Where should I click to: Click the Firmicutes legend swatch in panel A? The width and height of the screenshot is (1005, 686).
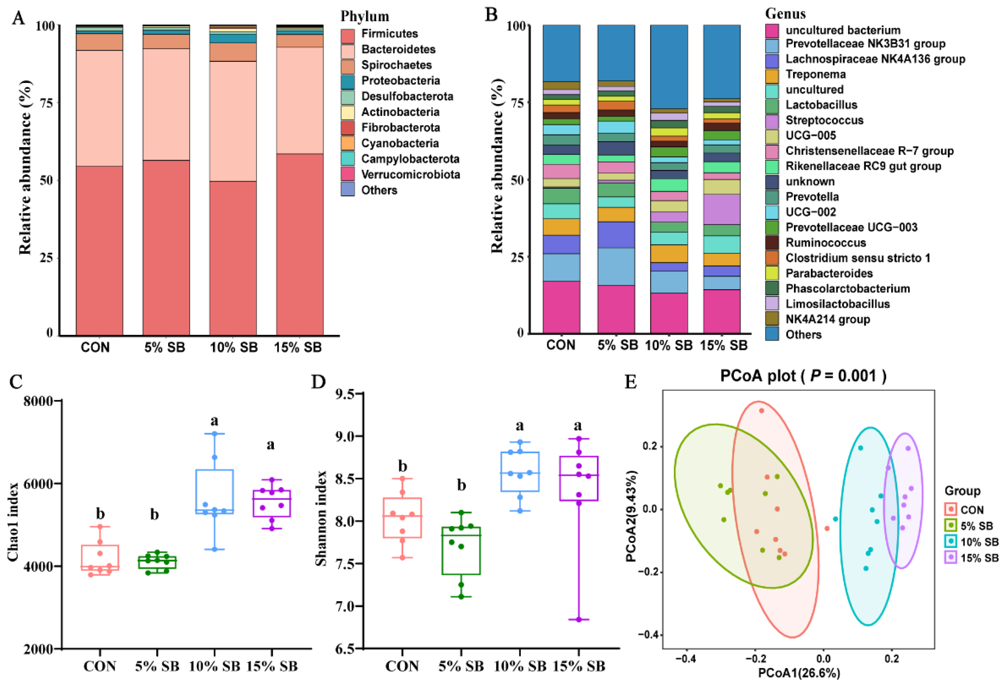(347, 36)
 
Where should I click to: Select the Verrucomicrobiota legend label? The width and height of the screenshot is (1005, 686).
(410, 175)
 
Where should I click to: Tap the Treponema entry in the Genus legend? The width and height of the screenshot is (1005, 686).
(815, 75)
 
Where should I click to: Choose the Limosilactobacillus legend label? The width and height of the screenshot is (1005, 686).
(837, 304)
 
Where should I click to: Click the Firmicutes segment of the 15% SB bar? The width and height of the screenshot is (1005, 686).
(300, 244)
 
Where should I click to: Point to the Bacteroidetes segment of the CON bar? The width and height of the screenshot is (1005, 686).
(99, 108)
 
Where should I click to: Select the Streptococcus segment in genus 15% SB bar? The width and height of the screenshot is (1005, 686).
(721, 209)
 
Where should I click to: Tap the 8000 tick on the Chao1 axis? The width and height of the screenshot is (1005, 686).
(39, 401)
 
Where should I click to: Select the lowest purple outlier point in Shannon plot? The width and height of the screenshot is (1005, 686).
(578, 620)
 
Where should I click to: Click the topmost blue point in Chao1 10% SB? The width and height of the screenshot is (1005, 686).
(214, 433)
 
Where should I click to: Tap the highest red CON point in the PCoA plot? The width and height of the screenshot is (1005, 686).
(762, 411)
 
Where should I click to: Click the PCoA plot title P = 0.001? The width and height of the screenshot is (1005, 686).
(803, 375)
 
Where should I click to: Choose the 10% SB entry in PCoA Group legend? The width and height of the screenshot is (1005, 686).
(979, 542)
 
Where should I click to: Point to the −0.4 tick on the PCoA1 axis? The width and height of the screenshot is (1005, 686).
(687, 659)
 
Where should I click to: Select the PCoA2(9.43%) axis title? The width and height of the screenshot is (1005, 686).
(632, 516)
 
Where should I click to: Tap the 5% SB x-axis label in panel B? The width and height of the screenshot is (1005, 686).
(617, 345)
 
